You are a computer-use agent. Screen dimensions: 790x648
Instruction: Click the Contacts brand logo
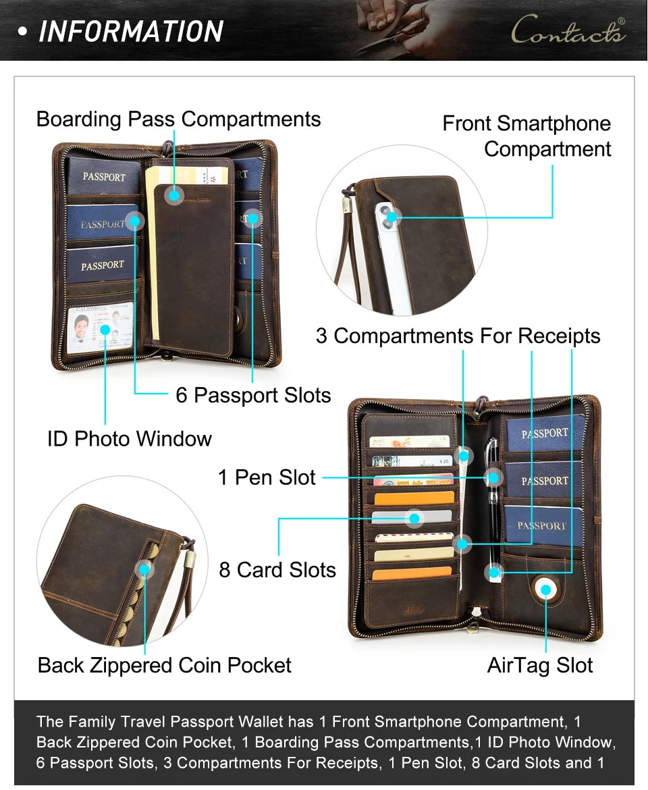click(568, 30)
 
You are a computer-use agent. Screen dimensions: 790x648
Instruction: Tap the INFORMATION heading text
click(131, 31)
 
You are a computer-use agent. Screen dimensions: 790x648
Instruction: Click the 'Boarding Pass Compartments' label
click(178, 119)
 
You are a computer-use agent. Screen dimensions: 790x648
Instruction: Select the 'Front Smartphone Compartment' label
click(526, 136)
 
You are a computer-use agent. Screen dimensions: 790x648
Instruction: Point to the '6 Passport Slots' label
click(253, 395)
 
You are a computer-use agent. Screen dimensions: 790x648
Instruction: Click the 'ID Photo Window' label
click(129, 439)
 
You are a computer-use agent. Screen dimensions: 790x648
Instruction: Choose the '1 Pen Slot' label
click(267, 477)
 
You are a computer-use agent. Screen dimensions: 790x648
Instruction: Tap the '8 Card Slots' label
click(277, 570)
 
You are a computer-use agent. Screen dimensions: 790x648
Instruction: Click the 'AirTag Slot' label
click(540, 665)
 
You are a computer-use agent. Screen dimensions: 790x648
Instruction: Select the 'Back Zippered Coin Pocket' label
click(164, 665)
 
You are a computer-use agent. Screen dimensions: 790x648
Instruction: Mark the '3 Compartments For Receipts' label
click(458, 336)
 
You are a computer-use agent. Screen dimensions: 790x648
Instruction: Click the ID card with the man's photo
click(100, 328)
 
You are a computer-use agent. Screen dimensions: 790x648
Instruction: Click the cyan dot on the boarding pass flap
click(174, 195)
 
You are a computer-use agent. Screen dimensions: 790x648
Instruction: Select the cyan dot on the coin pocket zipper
click(144, 569)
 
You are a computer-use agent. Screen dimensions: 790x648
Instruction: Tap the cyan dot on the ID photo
click(105, 330)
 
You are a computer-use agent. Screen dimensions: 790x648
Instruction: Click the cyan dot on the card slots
click(414, 519)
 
